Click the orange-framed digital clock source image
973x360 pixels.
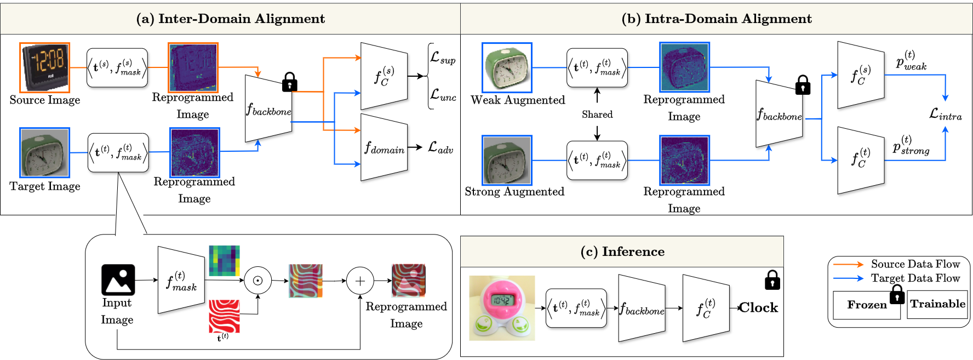45,67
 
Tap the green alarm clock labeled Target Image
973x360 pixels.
45,152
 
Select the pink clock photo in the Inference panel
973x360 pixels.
502,308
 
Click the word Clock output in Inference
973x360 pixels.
759,308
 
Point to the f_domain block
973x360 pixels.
385,148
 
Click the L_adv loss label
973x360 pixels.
440,148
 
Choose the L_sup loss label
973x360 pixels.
443,58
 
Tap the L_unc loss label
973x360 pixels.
443,95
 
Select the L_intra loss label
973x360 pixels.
945,115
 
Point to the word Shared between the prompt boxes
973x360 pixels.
597,115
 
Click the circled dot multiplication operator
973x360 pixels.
257,281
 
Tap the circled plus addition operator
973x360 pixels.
360,281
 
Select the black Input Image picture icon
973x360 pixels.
118,279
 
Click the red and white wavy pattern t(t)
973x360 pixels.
224,316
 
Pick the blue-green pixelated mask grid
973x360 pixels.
224,261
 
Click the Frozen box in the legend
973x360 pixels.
866,305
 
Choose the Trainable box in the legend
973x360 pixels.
937,304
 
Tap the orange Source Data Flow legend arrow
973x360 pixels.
848,264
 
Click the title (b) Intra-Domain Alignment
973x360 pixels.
717,19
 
